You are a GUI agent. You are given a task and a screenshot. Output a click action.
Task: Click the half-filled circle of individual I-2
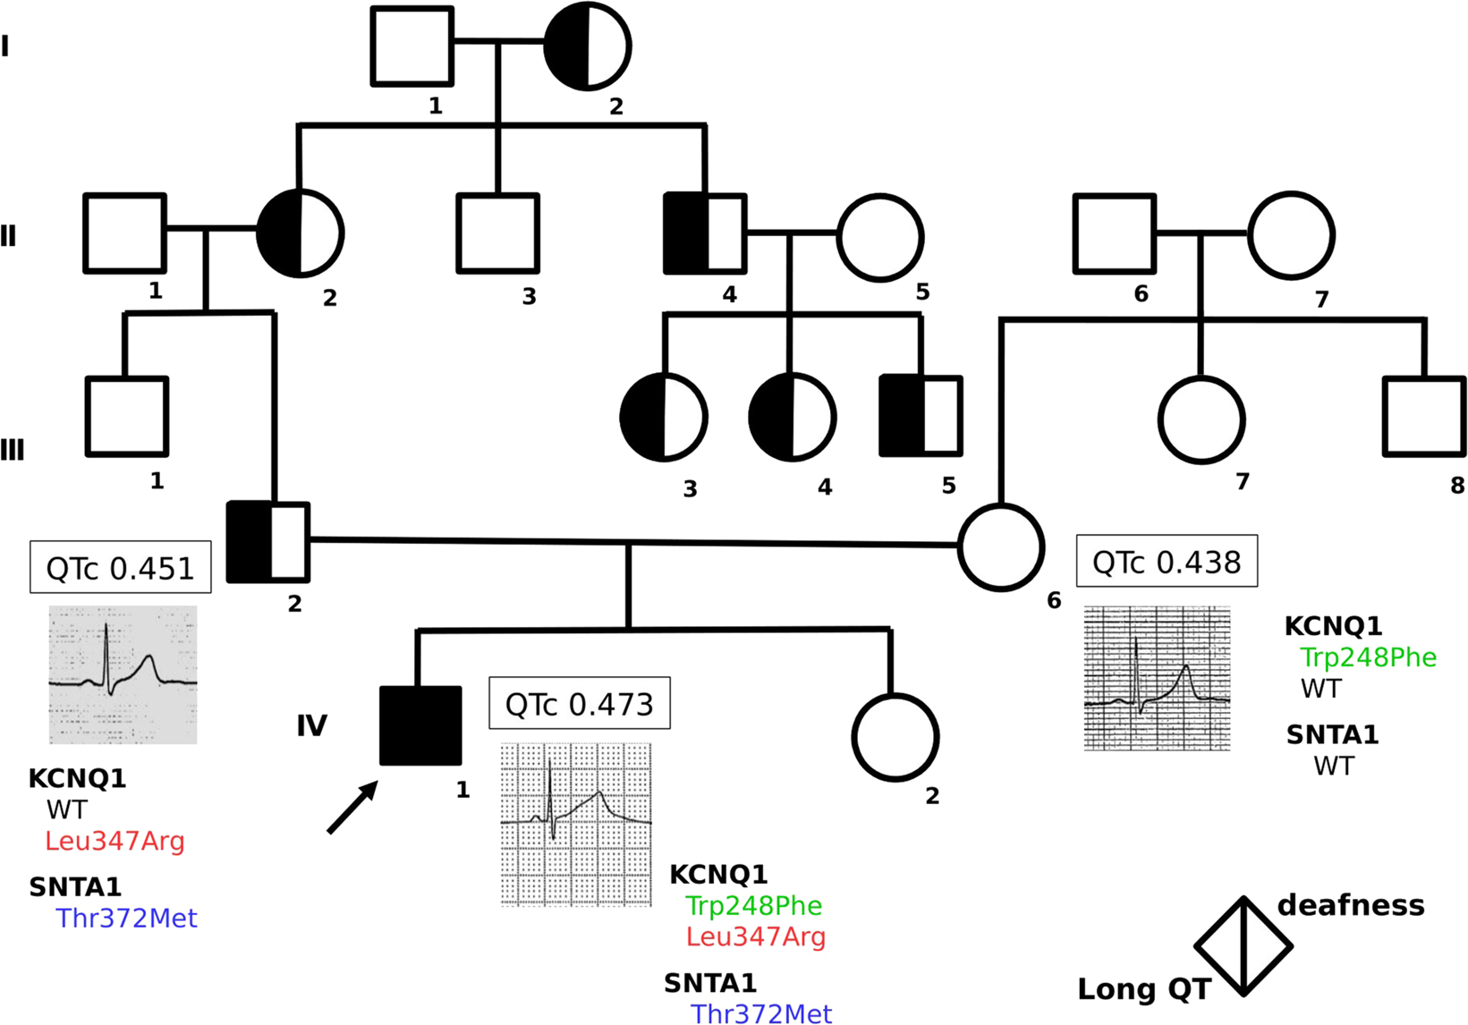(x=587, y=47)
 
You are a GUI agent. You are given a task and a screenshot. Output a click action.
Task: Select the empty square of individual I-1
(x=412, y=47)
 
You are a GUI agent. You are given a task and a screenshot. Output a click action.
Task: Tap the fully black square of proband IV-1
(x=420, y=725)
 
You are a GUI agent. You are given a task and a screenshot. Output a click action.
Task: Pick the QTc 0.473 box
(x=580, y=704)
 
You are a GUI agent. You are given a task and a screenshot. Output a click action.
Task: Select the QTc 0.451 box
(x=121, y=567)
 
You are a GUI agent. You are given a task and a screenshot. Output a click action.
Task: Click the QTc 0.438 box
(x=1167, y=562)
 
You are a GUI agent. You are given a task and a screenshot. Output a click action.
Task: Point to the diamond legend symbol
(x=1243, y=946)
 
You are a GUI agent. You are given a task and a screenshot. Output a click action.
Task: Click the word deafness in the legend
(x=1351, y=905)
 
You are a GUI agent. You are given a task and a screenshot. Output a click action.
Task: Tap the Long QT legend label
(x=1144, y=989)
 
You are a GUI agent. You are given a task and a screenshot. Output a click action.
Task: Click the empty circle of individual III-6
(x=1001, y=547)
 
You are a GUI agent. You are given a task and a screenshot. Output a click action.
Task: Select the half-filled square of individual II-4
(x=705, y=233)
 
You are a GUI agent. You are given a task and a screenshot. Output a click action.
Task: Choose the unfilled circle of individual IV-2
(x=895, y=738)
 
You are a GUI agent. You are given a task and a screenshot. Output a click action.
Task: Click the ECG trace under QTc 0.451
(x=123, y=674)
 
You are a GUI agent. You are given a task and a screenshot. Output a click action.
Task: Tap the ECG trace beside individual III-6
(x=1157, y=679)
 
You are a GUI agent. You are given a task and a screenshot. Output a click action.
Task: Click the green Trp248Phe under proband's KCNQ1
(x=753, y=906)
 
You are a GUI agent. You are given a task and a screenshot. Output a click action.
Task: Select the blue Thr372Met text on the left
(x=126, y=919)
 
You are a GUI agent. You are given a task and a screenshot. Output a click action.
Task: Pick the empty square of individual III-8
(x=1424, y=417)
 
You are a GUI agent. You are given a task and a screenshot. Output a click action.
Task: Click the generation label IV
(x=311, y=725)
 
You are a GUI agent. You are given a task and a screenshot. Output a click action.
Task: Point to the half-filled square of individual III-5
(x=921, y=417)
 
